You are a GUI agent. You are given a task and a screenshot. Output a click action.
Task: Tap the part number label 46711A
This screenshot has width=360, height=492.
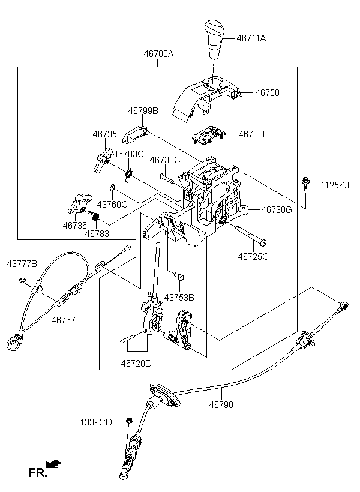[x=251, y=38]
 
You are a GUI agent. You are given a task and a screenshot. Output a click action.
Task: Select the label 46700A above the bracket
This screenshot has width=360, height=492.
[x=158, y=54]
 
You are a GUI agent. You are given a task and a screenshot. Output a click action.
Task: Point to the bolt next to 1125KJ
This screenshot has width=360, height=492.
[x=305, y=185]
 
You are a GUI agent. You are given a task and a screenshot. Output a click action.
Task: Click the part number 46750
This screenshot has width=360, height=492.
[x=267, y=93]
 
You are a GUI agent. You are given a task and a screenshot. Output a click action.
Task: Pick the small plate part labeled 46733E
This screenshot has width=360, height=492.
[x=208, y=135]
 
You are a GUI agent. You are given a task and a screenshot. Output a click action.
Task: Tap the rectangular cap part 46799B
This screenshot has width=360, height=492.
[x=135, y=134]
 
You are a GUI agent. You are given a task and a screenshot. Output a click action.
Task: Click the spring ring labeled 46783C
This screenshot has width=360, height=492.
[x=128, y=175]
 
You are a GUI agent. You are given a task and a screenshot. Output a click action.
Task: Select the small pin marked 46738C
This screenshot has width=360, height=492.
[x=166, y=177]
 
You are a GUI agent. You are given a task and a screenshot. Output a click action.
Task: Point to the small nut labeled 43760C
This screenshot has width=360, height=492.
[x=111, y=188]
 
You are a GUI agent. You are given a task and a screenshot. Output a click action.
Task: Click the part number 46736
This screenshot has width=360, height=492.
[x=74, y=225]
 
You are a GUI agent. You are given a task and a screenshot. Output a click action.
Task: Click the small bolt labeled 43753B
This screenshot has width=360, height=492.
[x=179, y=277]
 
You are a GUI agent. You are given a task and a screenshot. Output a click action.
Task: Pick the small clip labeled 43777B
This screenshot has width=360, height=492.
[x=22, y=280]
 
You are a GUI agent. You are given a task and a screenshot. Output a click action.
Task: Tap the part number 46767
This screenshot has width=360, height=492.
[x=64, y=320]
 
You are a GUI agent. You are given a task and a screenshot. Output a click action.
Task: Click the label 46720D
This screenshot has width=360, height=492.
[x=136, y=364]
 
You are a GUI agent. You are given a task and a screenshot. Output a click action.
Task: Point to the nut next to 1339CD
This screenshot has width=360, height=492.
[x=128, y=420]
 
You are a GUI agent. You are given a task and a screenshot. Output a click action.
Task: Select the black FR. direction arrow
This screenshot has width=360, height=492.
[x=53, y=464]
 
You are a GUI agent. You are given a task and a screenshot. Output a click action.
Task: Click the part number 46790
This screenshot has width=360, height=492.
[x=221, y=405]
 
